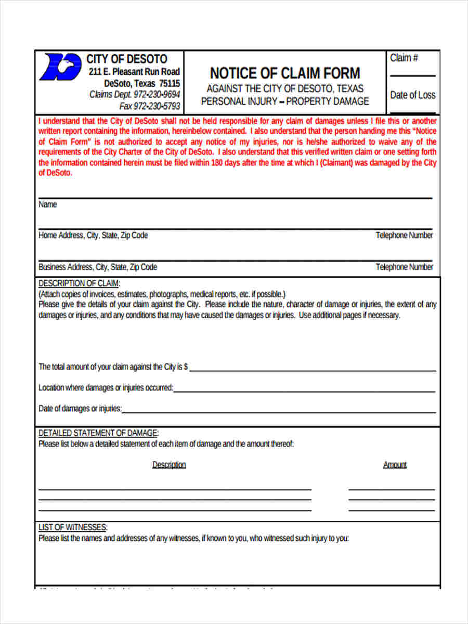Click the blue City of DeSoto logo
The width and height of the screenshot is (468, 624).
click(x=61, y=67)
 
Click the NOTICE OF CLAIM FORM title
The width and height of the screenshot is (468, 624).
click(x=284, y=73)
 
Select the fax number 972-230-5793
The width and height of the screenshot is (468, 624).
click(x=157, y=106)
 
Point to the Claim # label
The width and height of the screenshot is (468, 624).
click(x=404, y=58)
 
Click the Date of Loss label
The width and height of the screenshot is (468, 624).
click(x=413, y=95)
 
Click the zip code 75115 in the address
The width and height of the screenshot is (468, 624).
click(x=170, y=83)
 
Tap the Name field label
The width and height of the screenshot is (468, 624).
click(x=48, y=205)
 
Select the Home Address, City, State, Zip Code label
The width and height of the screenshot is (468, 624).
click(x=93, y=236)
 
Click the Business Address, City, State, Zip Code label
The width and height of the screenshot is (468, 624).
click(x=98, y=267)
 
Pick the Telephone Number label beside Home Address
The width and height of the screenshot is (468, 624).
click(x=404, y=236)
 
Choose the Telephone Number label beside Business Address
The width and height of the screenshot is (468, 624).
click(x=404, y=267)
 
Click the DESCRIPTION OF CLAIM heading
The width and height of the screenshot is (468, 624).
click(x=79, y=283)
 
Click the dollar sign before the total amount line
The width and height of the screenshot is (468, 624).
click(x=186, y=367)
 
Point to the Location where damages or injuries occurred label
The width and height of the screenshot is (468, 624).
click(x=106, y=388)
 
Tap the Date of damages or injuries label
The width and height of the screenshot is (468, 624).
click(x=80, y=409)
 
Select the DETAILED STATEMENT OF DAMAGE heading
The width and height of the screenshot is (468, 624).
click(x=98, y=433)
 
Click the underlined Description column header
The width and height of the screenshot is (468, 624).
click(x=169, y=465)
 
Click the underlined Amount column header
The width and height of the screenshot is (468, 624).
click(x=395, y=465)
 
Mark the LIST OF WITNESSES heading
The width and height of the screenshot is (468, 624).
click(x=73, y=528)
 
